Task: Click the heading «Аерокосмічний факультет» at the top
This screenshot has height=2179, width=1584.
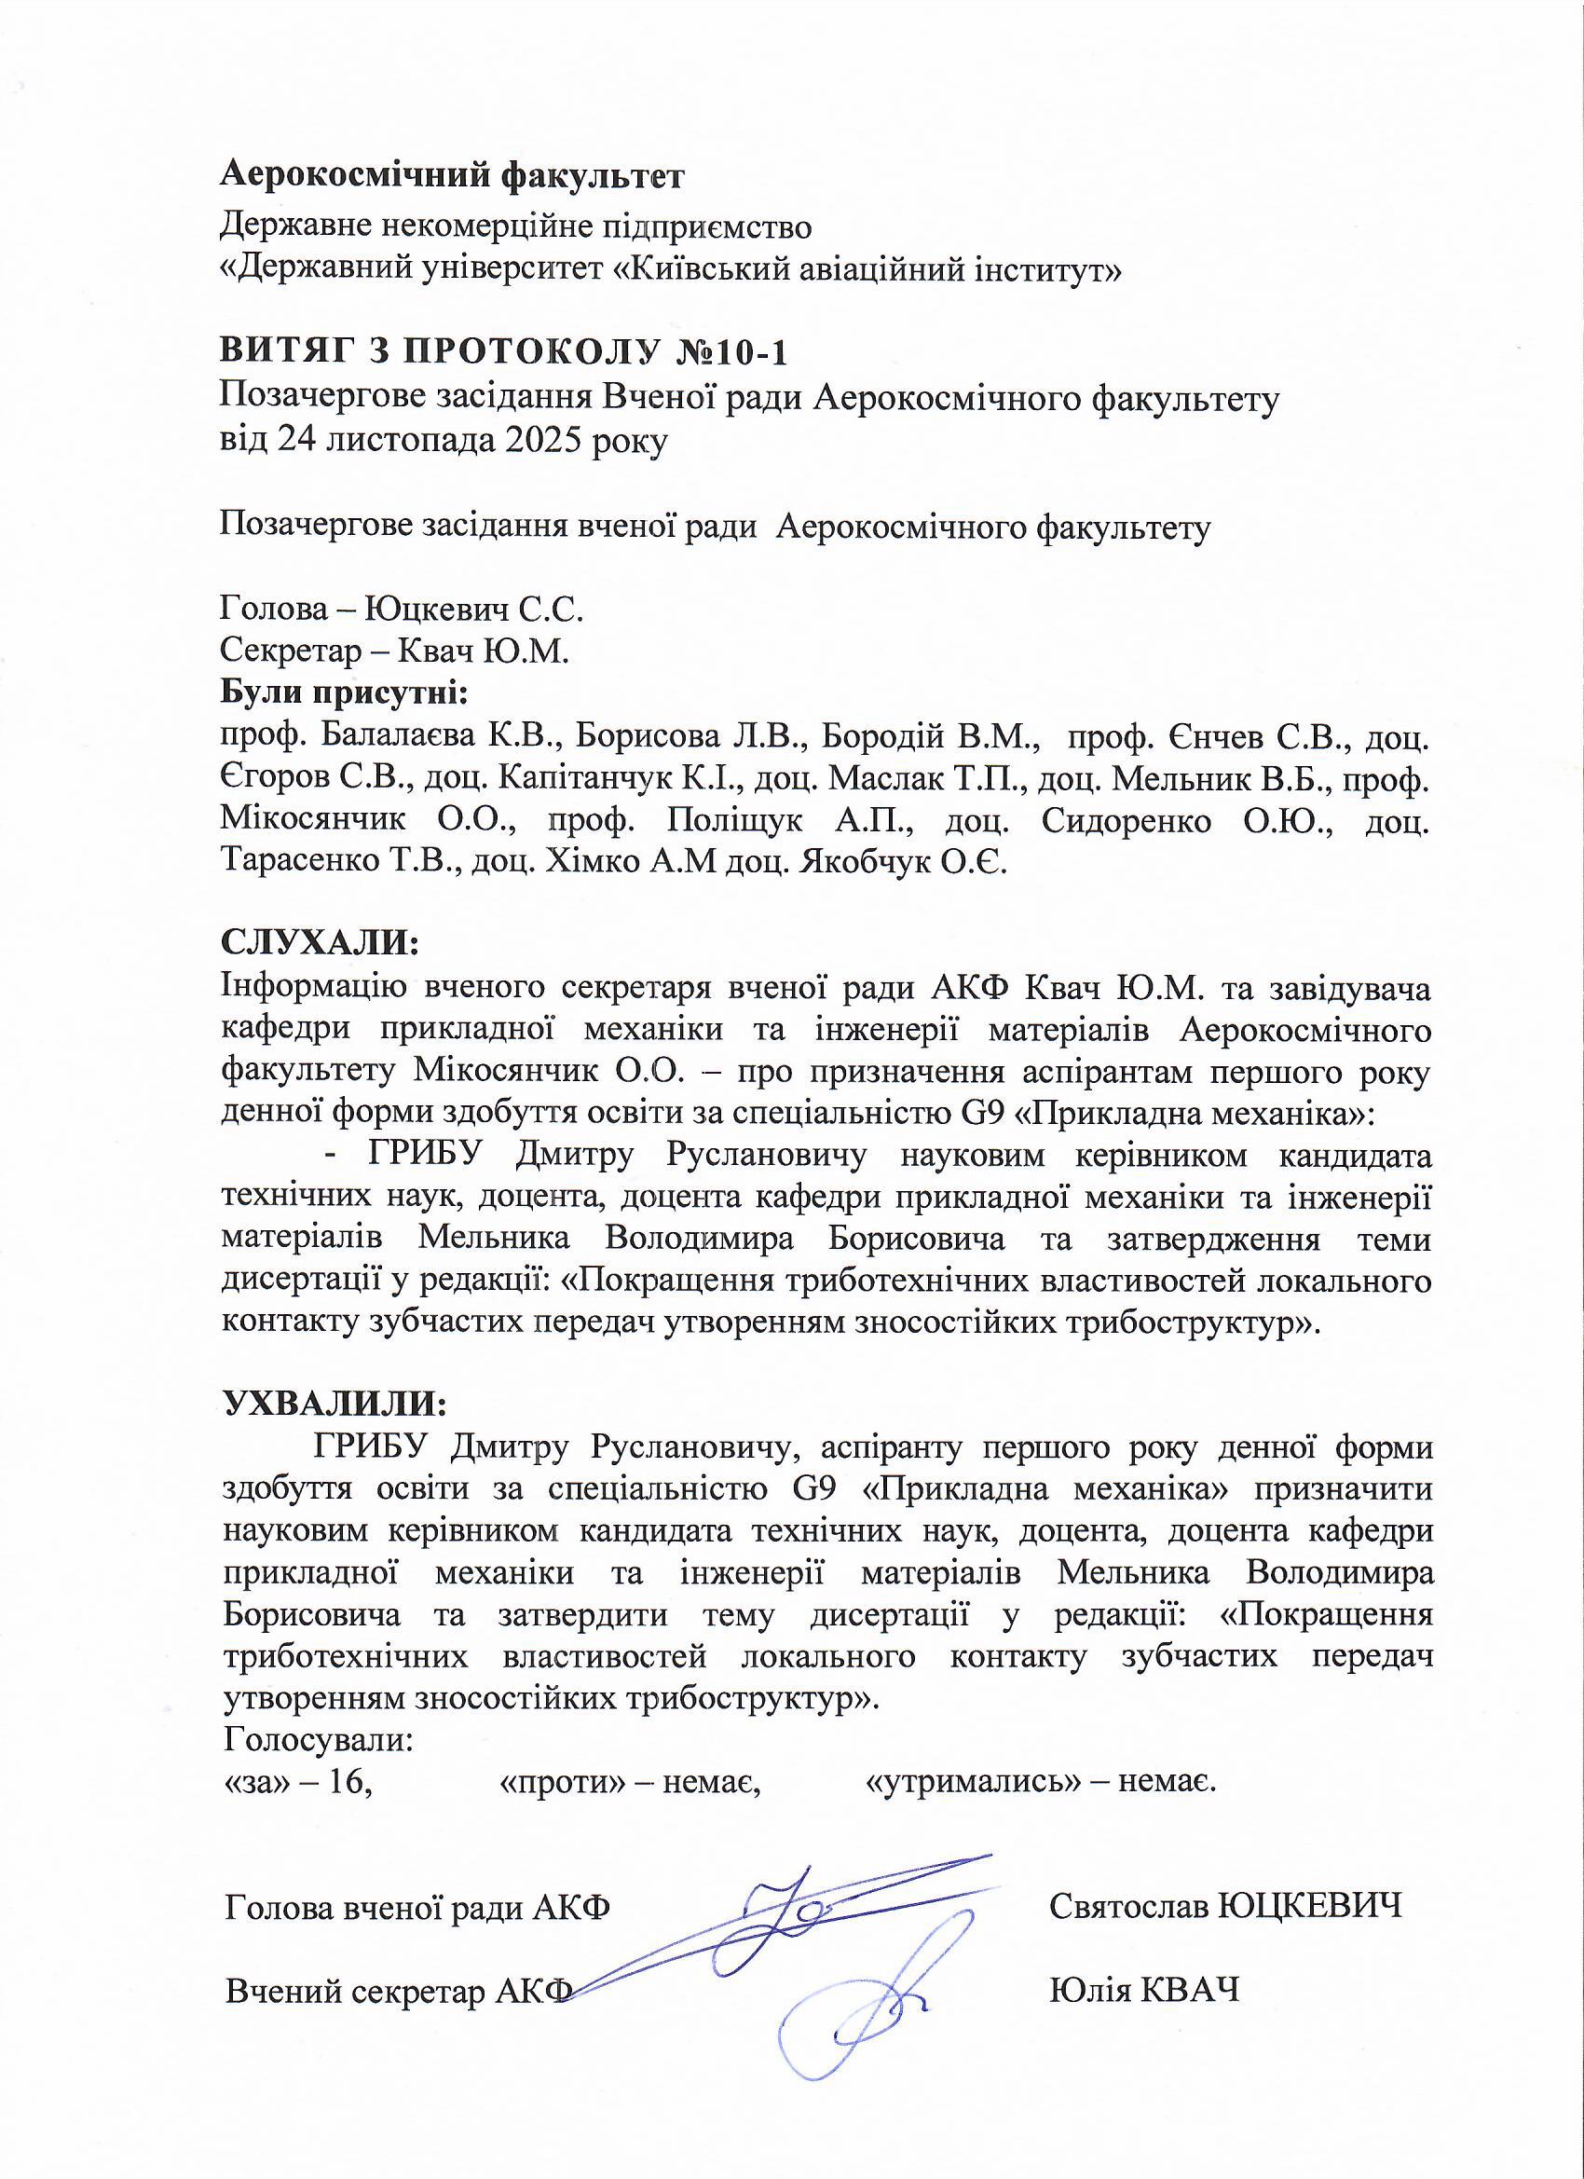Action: [453, 176]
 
